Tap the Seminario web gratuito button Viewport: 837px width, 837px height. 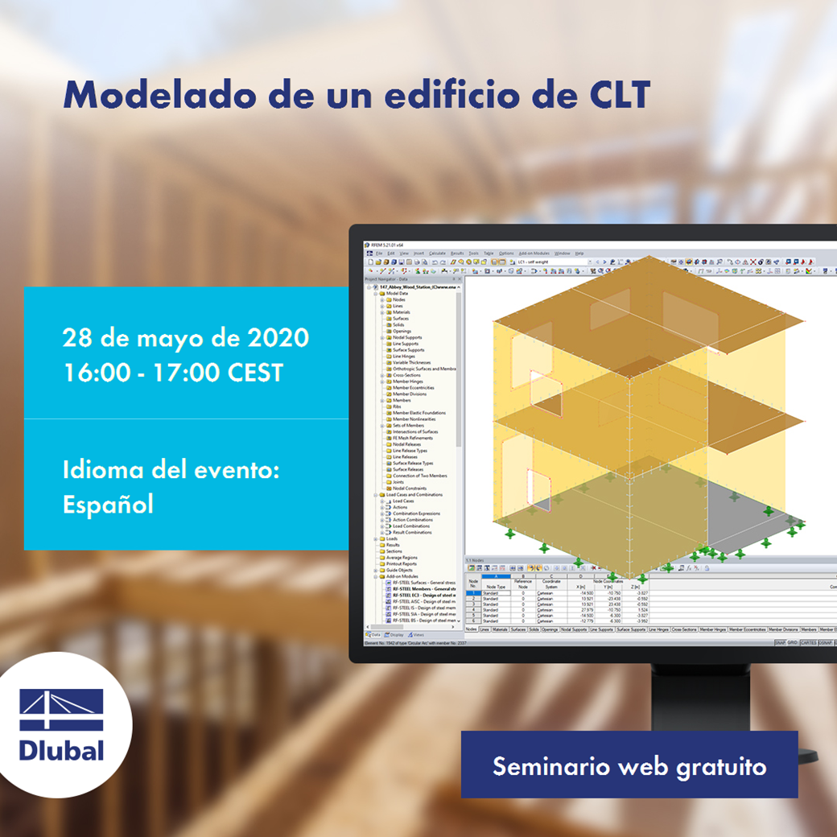coord(629,765)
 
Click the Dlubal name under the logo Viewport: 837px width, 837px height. coord(62,749)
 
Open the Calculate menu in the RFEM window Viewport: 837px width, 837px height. coord(437,254)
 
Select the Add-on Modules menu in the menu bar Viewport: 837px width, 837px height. coord(533,254)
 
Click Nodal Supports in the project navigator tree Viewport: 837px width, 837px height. coord(407,338)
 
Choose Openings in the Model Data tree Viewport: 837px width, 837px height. coord(402,332)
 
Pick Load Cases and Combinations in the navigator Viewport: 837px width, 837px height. coord(414,495)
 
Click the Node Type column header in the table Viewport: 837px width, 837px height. coord(495,588)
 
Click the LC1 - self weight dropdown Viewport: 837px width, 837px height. coord(555,262)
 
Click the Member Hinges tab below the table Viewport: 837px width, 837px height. coord(715,629)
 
